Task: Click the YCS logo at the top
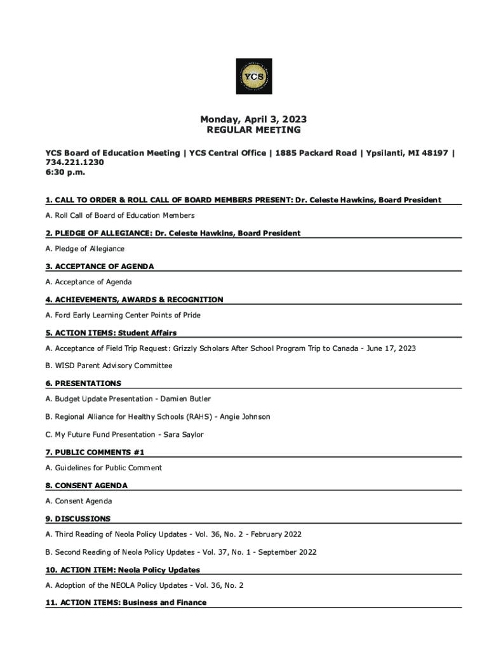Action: (x=254, y=77)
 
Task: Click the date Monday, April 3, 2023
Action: (x=253, y=119)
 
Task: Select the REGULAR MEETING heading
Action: (x=254, y=130)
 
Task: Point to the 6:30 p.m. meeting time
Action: (x=65, y=172)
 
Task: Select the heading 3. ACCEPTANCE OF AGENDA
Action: (x=100, y=267)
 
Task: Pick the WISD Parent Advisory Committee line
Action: (x=109, y=366)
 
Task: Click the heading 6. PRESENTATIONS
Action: (x=83, y=383)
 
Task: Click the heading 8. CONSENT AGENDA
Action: (x=86, y=486)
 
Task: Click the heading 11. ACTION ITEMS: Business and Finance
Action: (x=126, y=602)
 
